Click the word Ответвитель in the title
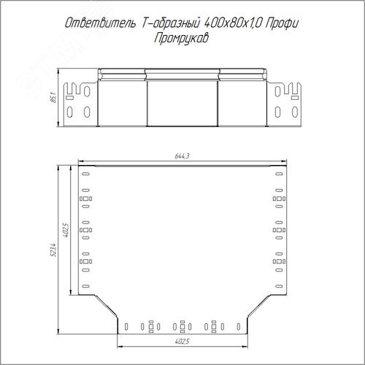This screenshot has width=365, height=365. pos(100,23)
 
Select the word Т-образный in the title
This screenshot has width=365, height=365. pos(171,23)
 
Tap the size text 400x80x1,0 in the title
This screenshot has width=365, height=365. pos(233,23)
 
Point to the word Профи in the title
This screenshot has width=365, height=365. pos(282,23)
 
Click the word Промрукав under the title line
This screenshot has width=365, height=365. pos(181,38)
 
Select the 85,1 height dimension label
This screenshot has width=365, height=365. pos(53,97)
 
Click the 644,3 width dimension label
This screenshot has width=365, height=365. pos(182,156)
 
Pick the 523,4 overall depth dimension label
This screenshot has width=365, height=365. pos(53,250)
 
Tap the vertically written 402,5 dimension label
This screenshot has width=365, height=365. pos(66,230)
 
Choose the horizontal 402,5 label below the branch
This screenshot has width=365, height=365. pos(182,342)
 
